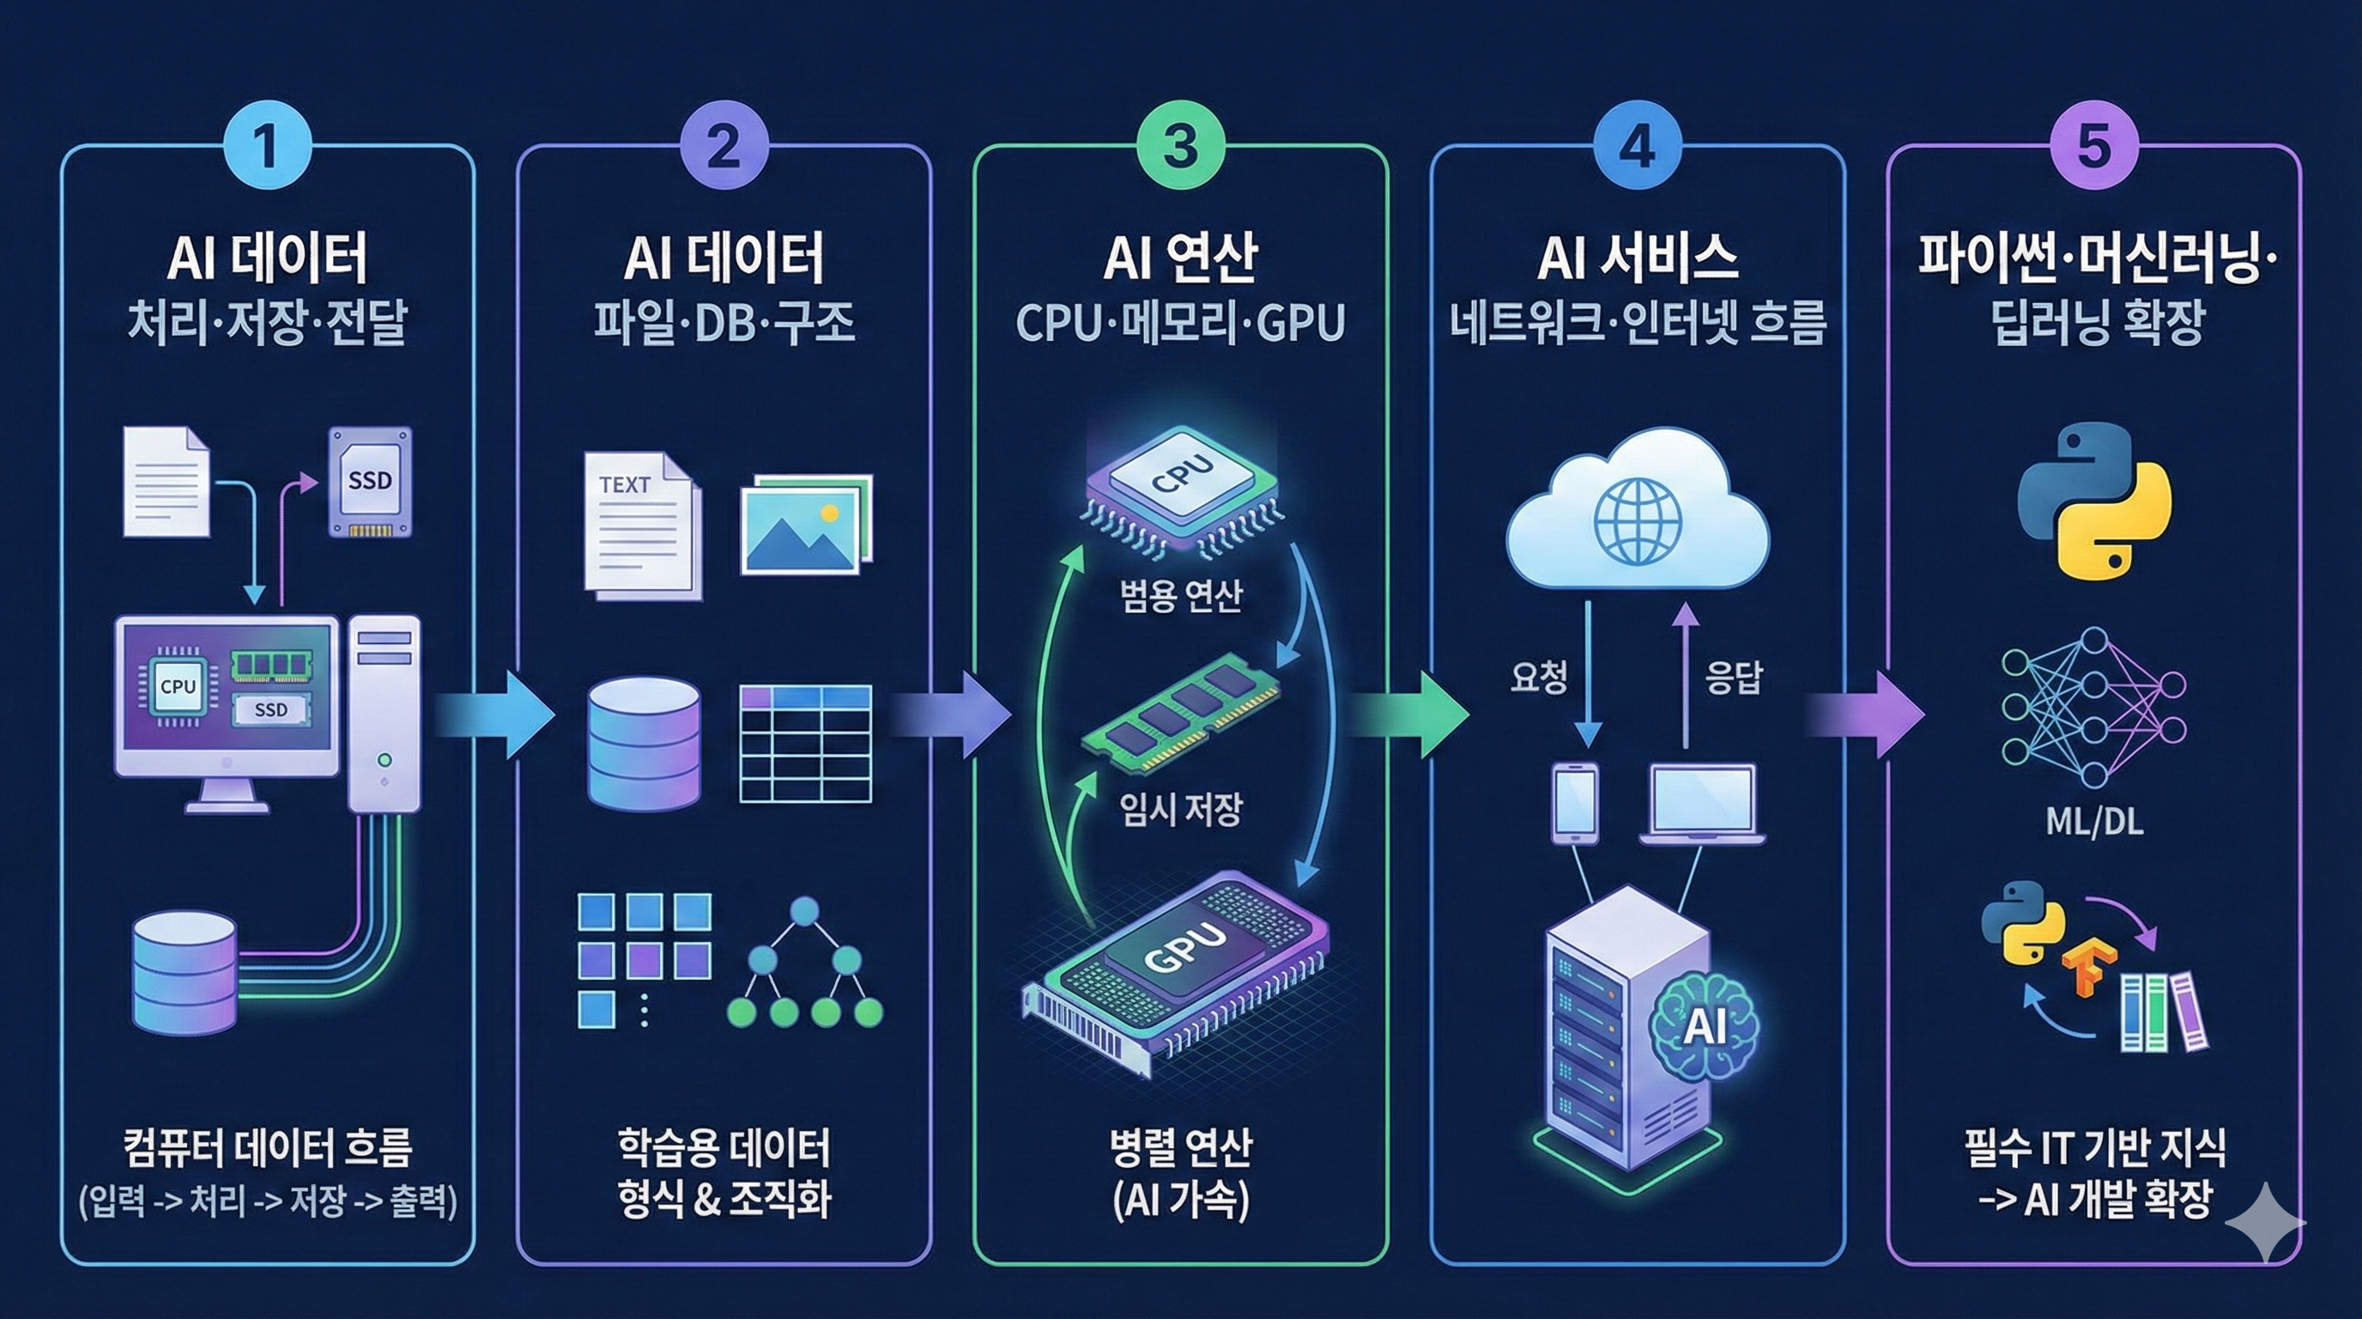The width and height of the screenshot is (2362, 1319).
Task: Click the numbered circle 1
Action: (267, 146)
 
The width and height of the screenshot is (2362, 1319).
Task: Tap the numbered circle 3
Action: (1180, 146)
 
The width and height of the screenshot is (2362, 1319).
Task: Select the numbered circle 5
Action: (2094, 146)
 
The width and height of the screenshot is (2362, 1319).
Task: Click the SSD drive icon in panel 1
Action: (371, 481)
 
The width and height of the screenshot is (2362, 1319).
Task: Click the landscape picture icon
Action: (805, 524)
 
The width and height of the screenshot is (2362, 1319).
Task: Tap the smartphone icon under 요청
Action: (1574, 803)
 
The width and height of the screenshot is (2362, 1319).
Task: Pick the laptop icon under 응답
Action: (1703, 803)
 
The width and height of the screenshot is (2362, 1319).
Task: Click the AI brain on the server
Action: (1704, 1024)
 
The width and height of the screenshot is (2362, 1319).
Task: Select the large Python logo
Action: (2095, 501)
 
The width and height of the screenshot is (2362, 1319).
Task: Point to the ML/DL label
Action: (2094, 822)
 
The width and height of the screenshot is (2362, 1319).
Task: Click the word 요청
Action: (1539, 677)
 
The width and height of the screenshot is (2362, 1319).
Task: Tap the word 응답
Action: (1733, 677)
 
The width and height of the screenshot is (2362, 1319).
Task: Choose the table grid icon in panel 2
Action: (805, 743)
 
